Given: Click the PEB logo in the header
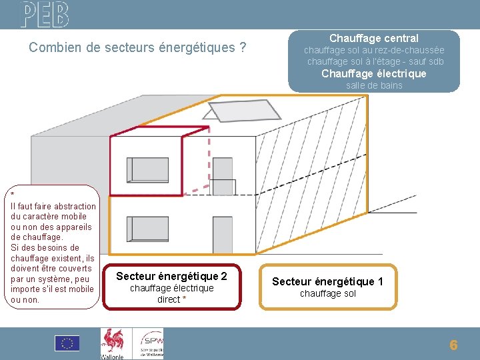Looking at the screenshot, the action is pyautogui.click(x=44, y=13).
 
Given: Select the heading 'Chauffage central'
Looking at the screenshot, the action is pyautogui.click(x=373, y=39).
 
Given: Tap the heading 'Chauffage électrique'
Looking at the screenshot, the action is pyautogui.click(x=373, y=73).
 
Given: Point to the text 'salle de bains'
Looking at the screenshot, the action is pyautogui.click(x=374, y=85).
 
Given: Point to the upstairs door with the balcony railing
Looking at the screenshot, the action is pyautogui.click(x=223, y=177).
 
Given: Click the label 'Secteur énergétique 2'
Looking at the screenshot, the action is pyautogui.click(x=171, y=276).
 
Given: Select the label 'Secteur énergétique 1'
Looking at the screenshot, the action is pyautogui.click(x=327, y=281).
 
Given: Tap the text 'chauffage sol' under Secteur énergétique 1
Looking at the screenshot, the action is pyautogui.click(x=327, y=294).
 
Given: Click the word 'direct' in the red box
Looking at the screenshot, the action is pyautogui.click(x=168, y=299).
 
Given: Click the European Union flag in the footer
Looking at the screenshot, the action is pyautogui.click(x=67, y=343).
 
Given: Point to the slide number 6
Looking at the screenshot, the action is pyautogui.click(x=453, y=345).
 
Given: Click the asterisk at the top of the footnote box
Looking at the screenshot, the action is pyautogui.click(x=13, y=194).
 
